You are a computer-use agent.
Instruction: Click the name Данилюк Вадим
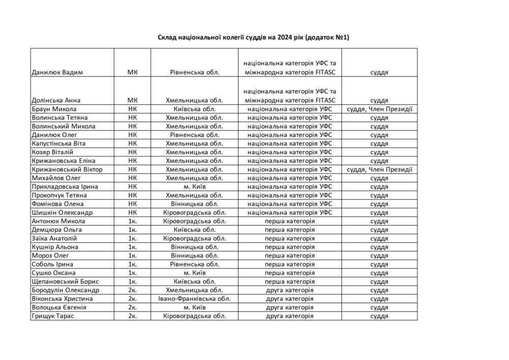click(x=57, y=72)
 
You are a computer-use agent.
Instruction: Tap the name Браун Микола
click(x=54, y=109)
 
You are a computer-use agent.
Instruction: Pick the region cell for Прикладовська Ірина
click(x=194, y=186)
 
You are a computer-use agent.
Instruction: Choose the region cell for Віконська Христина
click(x=194, y=299)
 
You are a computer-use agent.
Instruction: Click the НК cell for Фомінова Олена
click(x=132, y=204)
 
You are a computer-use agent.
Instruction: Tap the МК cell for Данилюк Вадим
click(x=132, y=72)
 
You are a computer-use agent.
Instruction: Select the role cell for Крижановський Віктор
click(x=379, y=170)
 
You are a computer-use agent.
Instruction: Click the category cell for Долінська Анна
click(x=290, y=96)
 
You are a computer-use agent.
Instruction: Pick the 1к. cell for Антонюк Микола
click(x=132, y=221)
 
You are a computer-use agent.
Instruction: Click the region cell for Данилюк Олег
click(x=194, y=135)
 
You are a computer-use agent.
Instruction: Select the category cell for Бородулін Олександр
click(x=290, y=290)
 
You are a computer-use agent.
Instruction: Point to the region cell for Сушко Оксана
click(x=194, y=273)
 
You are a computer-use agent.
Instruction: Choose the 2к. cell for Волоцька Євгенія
click(x=132, y=308)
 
